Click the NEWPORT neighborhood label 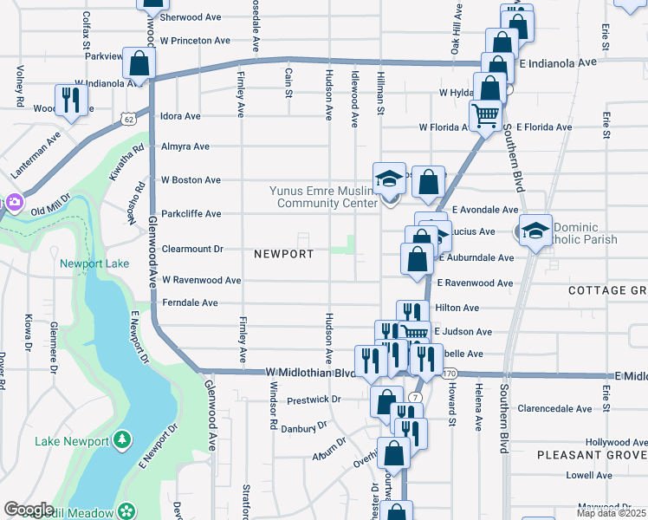coord(283,254)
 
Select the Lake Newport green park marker coord(122,441)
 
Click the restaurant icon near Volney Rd coord(67,100)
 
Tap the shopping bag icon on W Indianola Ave coord(138,62)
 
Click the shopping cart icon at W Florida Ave coord(485,114)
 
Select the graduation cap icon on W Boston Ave coord(388,179)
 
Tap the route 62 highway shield coord(128,118)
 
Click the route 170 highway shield coord(448,373)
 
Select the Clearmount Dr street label coord(192,249)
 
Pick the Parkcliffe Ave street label coord(191,213)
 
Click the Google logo coord(29,510)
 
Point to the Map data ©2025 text coord(612,513)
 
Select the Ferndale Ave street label coord(190,303)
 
